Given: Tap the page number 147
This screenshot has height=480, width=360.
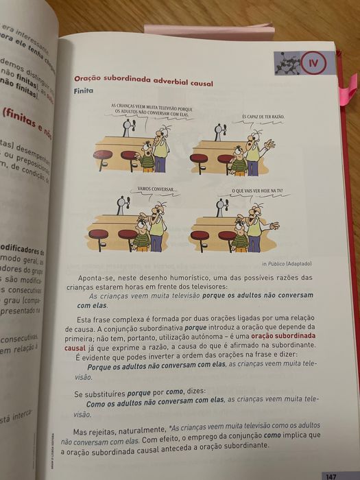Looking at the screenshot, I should [331, 475].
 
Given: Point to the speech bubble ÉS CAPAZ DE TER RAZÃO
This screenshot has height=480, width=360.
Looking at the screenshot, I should [263, 117].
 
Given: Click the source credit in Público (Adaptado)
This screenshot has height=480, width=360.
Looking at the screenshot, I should [286, 263].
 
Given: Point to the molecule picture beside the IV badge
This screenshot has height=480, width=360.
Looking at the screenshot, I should [287, 62].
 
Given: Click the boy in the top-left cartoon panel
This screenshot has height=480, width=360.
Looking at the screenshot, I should [146, 159].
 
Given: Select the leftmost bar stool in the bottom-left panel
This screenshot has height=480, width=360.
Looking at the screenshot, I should [99, 238].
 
